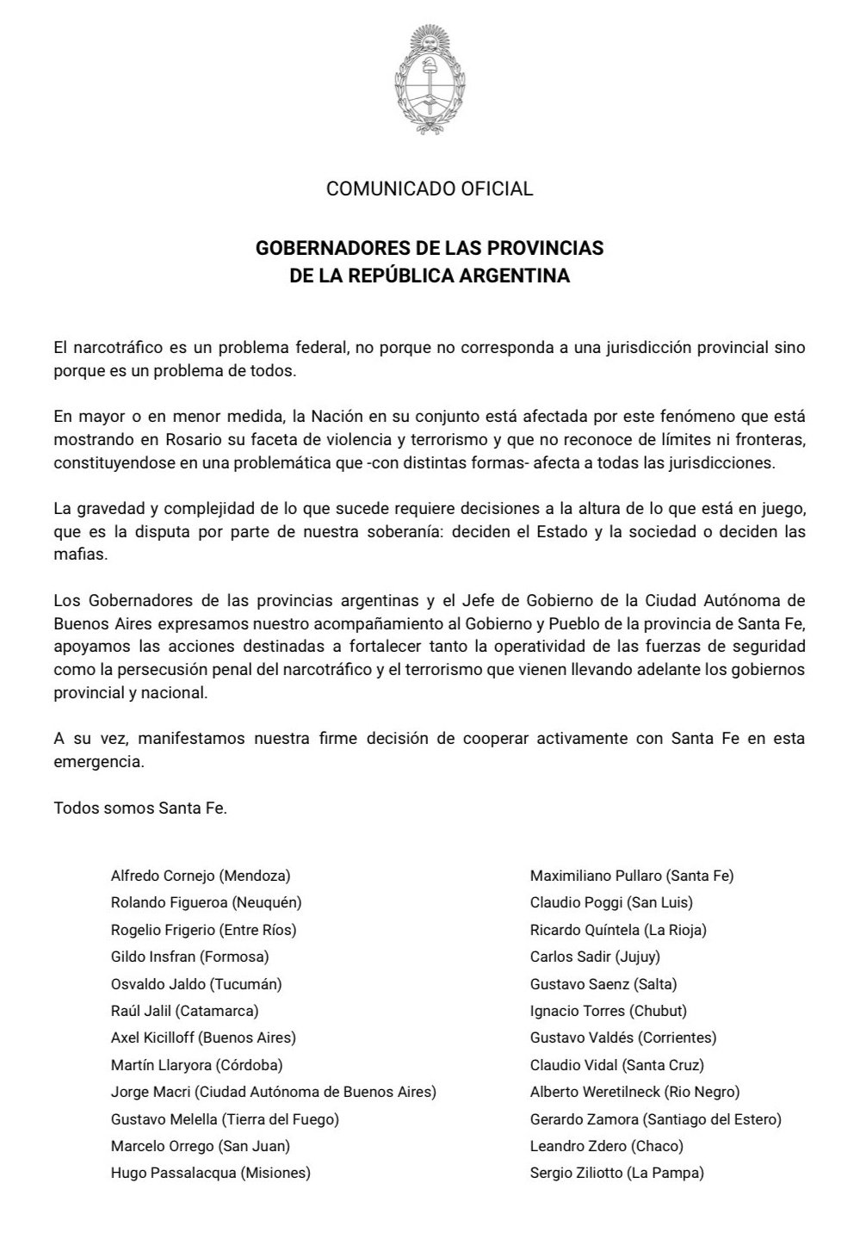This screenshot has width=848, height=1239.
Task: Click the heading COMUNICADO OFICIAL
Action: click(430, 189)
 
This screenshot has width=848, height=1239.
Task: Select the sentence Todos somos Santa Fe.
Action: click(140, 808)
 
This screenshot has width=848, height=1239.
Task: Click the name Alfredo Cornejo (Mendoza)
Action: click(201, 877)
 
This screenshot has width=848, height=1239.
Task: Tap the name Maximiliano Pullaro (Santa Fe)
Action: click(632, 877)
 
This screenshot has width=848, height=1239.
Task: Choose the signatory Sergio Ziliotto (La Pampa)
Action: click(617, 1173)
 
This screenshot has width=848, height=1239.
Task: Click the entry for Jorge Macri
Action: click(273, 1092)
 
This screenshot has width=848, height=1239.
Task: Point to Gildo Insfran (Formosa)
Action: click(190, 957)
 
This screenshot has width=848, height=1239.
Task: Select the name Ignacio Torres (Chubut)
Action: click(609, 1011)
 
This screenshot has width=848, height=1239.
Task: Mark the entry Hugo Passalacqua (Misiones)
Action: click(211, 1173)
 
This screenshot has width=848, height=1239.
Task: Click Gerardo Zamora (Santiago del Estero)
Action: click(656, 1119)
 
